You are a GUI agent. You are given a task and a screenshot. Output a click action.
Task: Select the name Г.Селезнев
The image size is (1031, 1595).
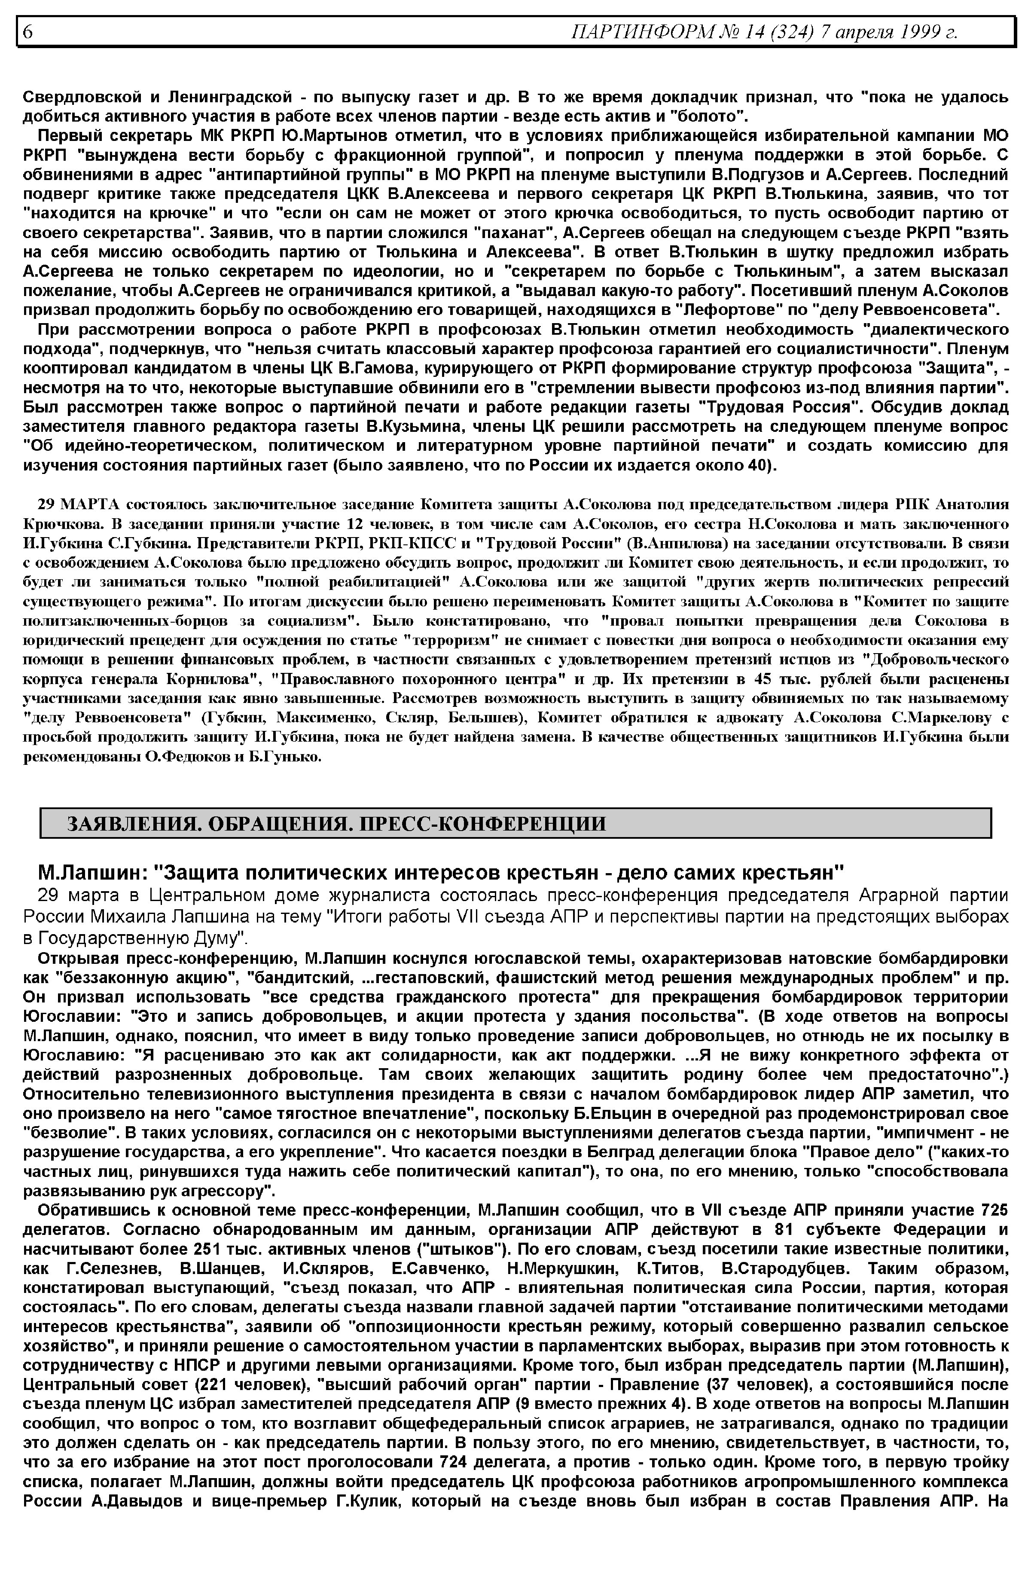113,1269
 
